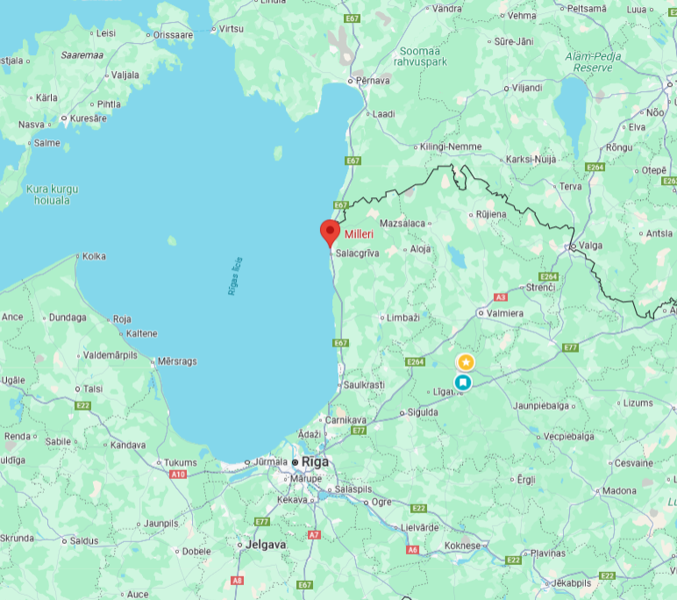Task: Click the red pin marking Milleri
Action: [330, 232]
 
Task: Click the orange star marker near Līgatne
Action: [466, 361]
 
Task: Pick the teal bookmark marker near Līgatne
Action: [462, 382]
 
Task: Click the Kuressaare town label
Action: [89, 118]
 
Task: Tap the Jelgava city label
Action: [267, 544]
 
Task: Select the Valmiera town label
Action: [506, 313]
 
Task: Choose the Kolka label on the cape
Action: [94, 256]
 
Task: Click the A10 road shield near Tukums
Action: [178, 474]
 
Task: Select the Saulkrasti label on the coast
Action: [364, 384]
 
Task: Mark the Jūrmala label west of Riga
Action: [272, 461]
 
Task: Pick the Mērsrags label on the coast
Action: [178, 361]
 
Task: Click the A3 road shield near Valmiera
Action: [502, 296]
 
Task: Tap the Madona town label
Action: [619, 490]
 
